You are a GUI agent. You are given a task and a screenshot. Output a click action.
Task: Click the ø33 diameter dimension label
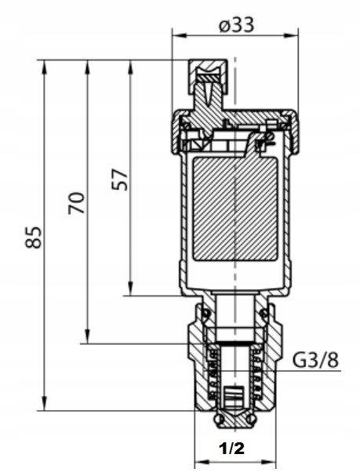[x=236, y=25]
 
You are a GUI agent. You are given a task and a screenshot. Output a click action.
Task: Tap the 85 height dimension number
[x=33, y=238]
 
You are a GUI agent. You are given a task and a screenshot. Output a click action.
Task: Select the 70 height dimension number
[x=76, y=203]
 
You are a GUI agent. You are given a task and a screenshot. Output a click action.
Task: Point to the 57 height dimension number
[x=119, y=180]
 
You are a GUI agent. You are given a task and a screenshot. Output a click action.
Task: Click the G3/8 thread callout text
[x=315, y=361]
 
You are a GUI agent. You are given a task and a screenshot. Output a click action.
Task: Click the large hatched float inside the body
[x=235, y=209]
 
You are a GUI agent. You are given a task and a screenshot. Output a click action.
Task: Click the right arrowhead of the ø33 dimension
[x=292, y=35]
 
